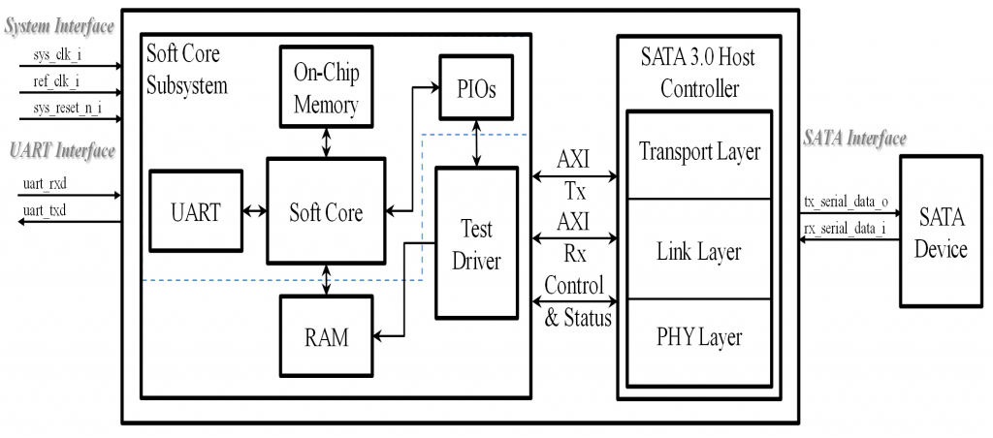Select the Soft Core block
326,212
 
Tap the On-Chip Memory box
326,85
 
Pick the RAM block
326,337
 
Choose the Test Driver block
476,243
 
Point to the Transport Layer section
700,153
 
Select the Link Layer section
700,251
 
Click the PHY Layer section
700,337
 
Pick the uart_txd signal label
46,208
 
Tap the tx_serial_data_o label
846,201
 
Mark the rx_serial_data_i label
846,229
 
